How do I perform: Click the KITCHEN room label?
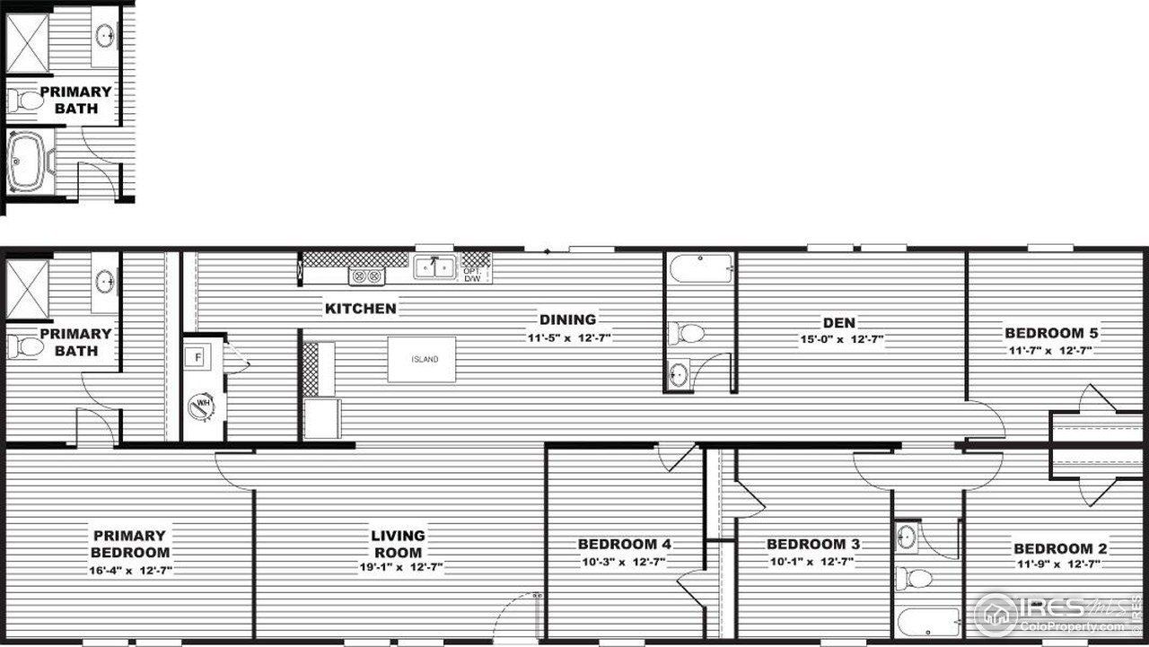click(360, 309)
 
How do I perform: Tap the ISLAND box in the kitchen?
click(422, 359)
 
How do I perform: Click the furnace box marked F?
click(198, 356)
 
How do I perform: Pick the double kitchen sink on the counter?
click(434, 267)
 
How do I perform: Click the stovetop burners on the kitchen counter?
click(366, 276)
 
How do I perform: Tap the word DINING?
click(567, 319)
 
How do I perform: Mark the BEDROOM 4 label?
click(624, 544)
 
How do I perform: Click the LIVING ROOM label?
click(398, 544)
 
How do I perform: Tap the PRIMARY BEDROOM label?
click(129, 544)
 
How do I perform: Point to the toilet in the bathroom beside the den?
click(689, 334)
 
